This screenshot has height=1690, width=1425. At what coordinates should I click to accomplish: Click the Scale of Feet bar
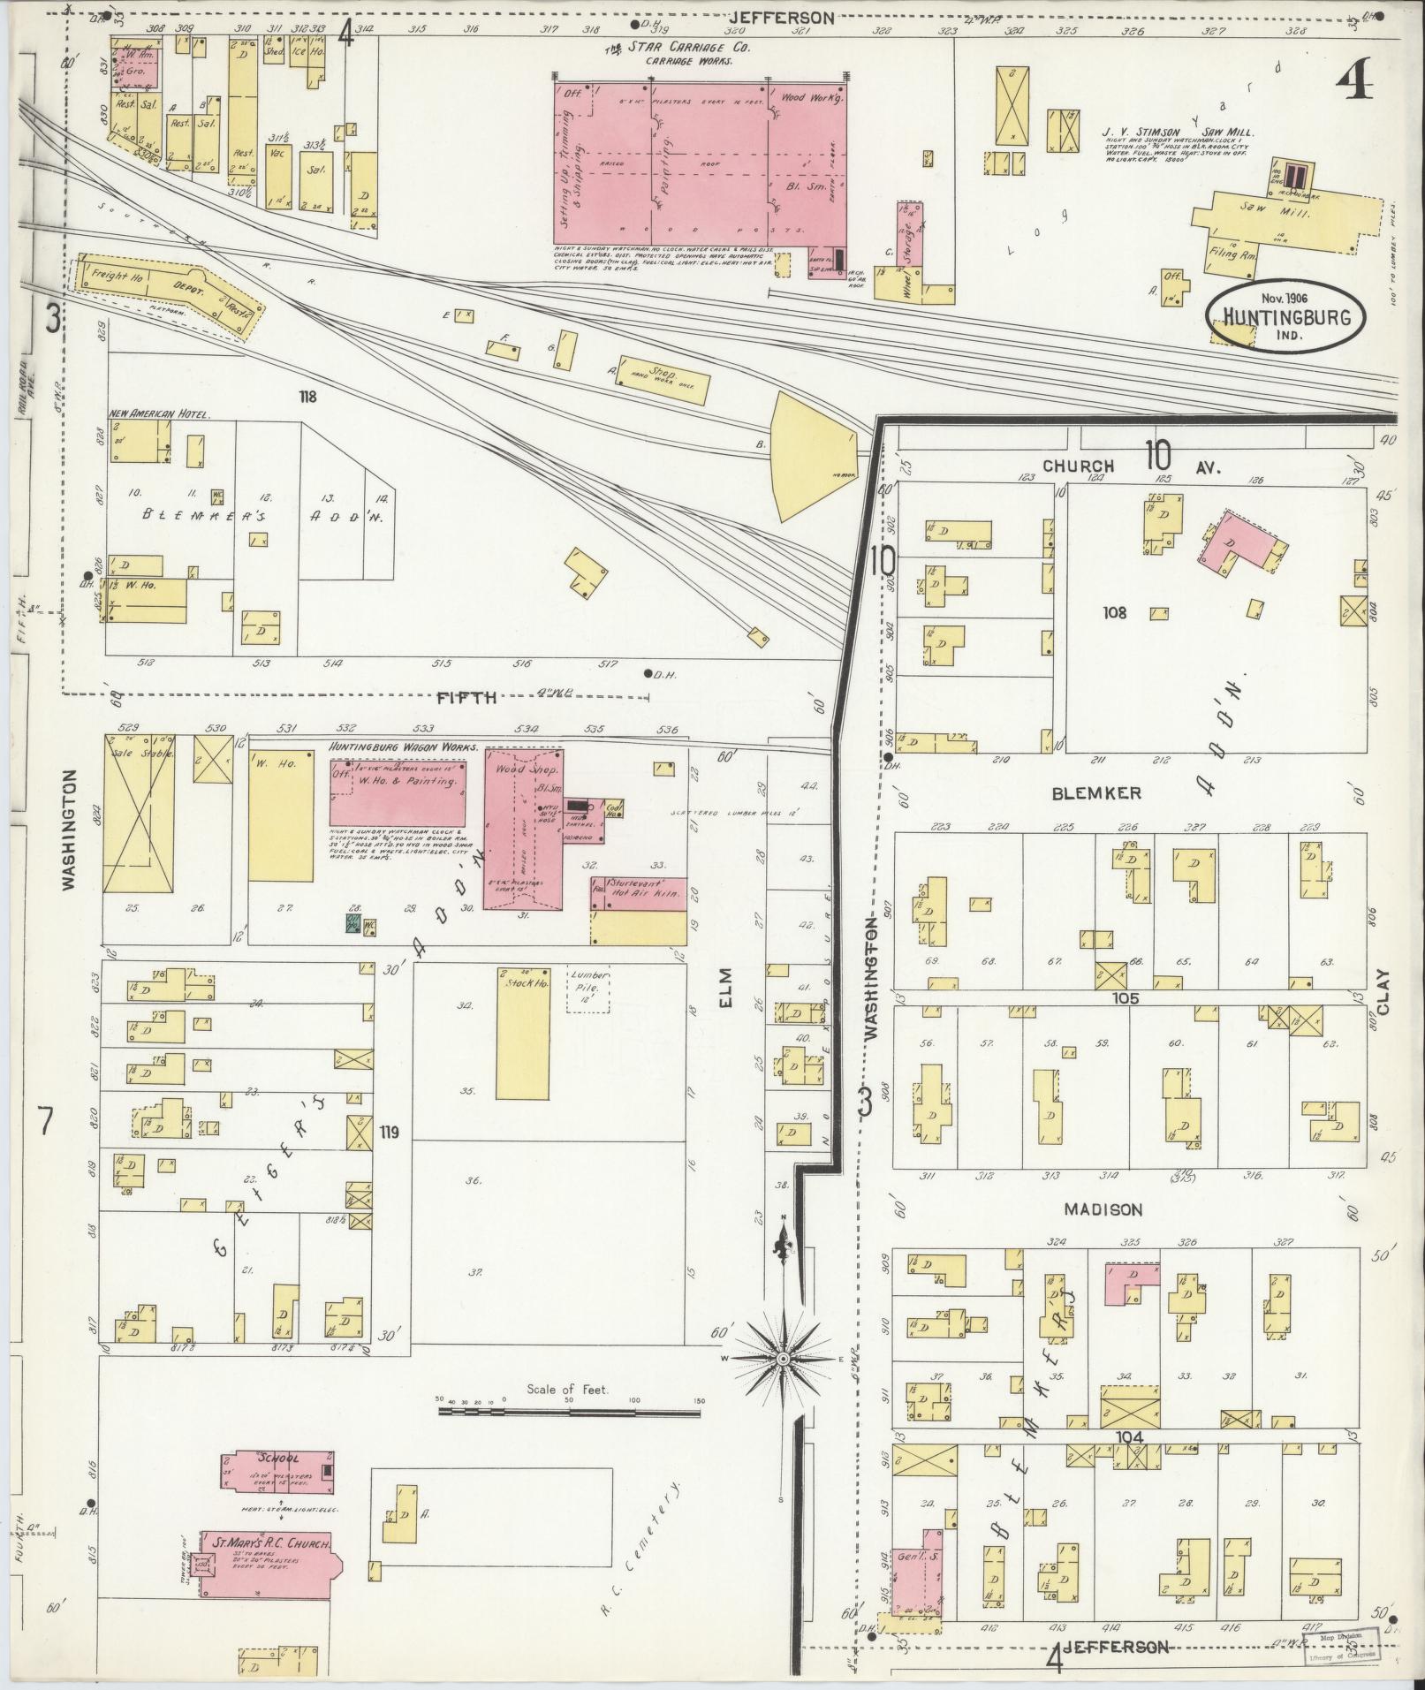point(569,1413)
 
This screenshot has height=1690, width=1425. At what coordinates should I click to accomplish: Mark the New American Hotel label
point(159,414)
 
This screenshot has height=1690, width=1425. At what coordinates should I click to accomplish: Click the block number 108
point(1115,611)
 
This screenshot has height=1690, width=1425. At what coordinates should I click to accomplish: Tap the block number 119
point(390,1130)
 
